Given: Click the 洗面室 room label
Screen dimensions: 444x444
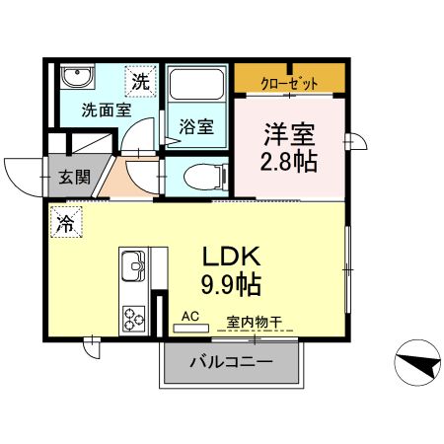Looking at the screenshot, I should point(106,111).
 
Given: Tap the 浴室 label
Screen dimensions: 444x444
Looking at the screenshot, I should point(196,126).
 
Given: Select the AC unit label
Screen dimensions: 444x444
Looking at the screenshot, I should point(191,318).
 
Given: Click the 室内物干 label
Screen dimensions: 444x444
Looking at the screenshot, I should point(255,321).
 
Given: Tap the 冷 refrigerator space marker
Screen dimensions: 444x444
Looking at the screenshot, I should point(65,222).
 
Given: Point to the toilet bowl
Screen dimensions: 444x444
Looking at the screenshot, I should point(200,179).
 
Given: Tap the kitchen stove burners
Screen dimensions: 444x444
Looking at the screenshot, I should point(132,318).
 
